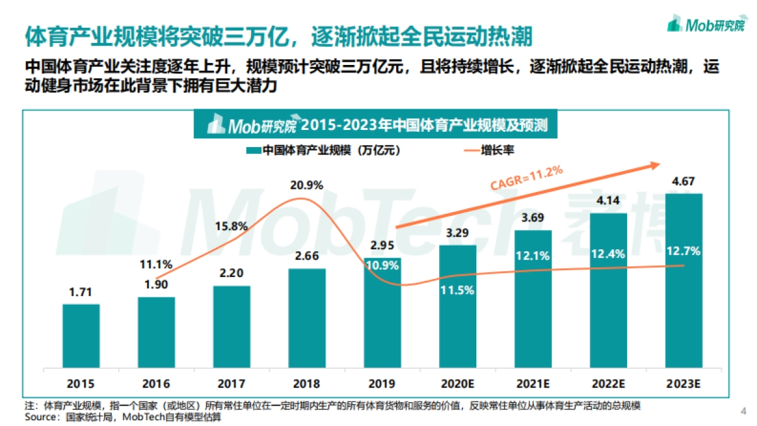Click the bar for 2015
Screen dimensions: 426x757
[x=81, y=336]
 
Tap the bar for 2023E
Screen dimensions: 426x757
[x=684, y=281]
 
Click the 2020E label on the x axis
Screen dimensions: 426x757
[x=457, y=384]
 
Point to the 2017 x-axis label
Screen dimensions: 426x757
[x=232, y=384]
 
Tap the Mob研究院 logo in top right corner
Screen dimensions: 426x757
[x=706, y=25]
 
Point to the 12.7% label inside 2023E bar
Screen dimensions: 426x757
[x=684, y=251]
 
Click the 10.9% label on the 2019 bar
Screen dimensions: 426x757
[x=382, y=266]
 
